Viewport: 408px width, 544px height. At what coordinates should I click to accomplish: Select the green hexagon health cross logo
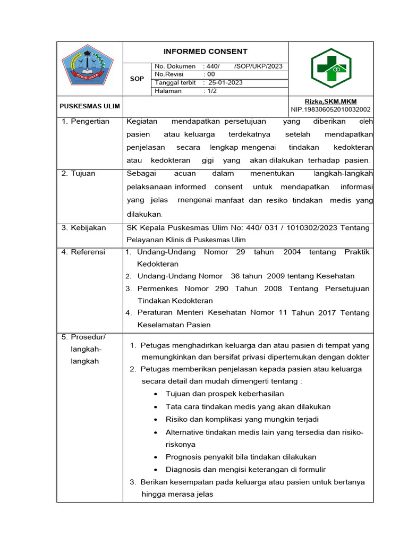[331, 67]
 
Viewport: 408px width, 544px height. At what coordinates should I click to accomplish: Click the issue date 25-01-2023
[226, 83]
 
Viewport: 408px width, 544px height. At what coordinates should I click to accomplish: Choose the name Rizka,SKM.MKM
[330, 101]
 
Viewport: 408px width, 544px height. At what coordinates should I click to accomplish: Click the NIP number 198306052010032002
[330, 109]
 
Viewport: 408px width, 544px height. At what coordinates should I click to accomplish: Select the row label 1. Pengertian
[86, 121]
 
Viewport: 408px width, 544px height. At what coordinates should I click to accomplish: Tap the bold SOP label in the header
[137, 79]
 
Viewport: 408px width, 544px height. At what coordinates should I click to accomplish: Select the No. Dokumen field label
[175, 66]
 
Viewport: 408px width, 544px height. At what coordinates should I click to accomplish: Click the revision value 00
[211, 75]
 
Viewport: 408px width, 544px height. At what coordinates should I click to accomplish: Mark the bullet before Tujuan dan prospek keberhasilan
[154, 394]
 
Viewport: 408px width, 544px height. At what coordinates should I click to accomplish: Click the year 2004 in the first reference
[292, 252]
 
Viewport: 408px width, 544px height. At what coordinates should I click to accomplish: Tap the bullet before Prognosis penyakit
[154, 457]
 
